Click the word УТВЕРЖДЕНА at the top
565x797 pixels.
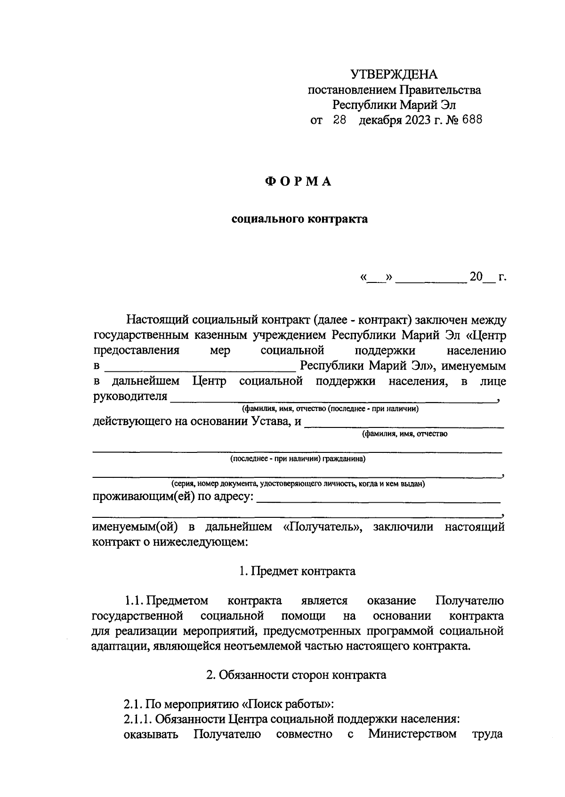pos(394,74)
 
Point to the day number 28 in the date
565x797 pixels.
pos(339,120)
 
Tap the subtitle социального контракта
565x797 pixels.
pos(299,219)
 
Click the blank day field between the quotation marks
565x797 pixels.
pos(376,278)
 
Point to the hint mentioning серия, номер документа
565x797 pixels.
pos(298,483)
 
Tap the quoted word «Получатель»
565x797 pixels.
pos(323,527)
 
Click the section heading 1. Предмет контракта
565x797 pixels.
pos(297,572)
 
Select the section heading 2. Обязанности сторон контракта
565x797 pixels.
pos(296,675)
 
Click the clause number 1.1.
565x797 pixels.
pos(134,601)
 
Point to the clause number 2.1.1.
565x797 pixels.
pos(137,719)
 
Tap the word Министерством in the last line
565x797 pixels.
pos(412,734)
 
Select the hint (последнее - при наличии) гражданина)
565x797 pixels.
pos(298,459)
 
